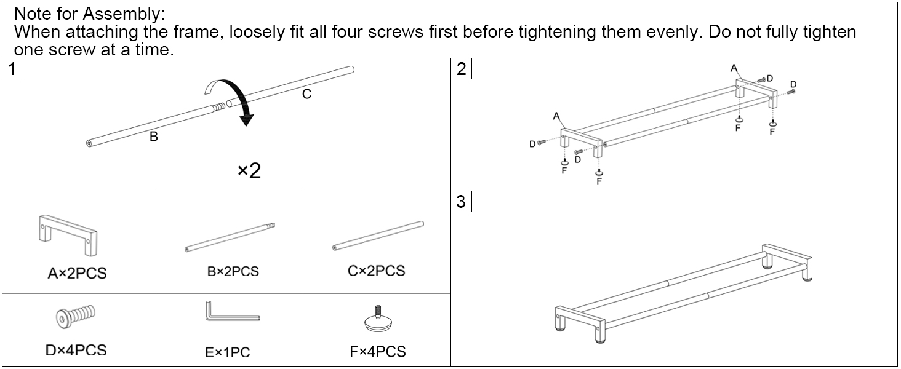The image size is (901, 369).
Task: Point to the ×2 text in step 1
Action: point(249,170)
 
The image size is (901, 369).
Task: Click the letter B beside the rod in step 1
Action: point(154,137)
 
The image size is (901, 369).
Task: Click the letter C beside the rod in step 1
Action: point(306,94)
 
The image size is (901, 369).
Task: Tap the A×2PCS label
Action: point(77,273)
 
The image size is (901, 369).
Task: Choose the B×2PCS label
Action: point(233,271)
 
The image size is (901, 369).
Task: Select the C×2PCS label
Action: point(376,271)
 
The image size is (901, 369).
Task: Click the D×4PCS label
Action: point(76,350)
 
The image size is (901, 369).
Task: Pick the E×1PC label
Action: point(228,352)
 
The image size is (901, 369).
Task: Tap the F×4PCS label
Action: point(377,351)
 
